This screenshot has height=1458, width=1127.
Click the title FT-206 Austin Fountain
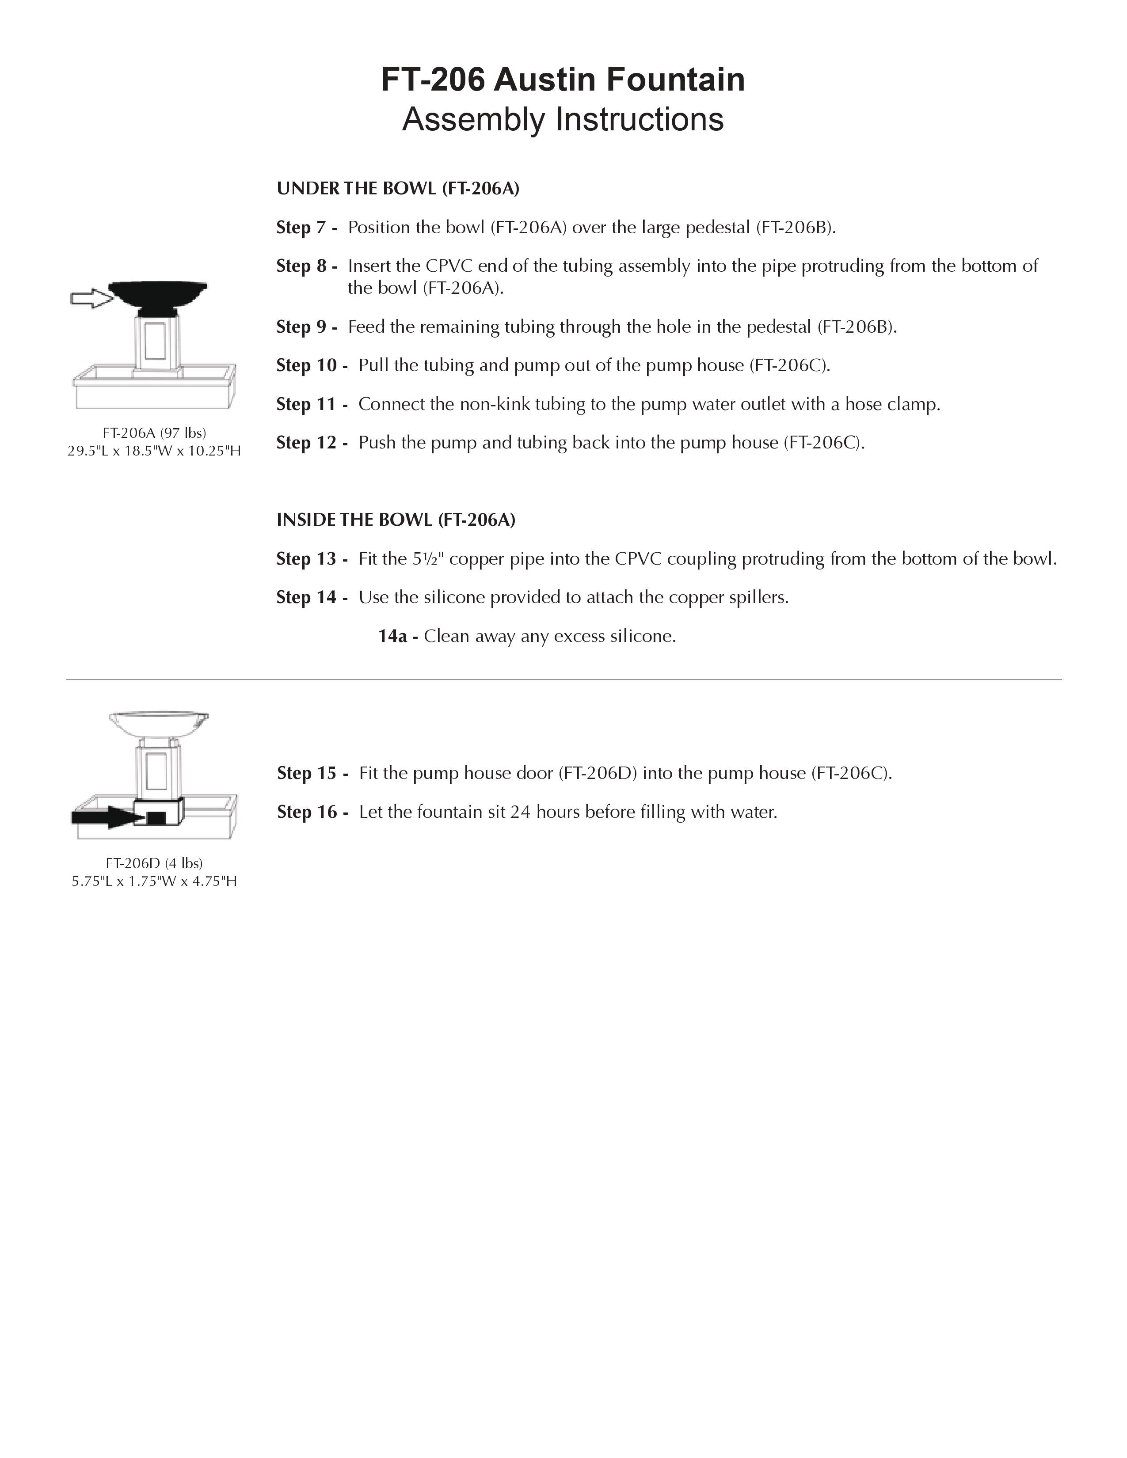(x=563, y=80)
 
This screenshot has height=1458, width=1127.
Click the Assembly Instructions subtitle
(x=563, y=119)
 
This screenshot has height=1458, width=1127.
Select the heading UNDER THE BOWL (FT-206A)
(x=398, y=189)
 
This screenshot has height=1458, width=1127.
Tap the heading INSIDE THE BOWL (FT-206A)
(x=396, y=520)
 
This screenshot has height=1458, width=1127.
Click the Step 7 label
(x=306, y=228)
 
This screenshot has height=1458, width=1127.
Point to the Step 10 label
(x=312, y=366)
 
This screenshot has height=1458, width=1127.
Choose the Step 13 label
(x=312, y=559)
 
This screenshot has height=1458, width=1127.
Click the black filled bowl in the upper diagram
(x=158, y=294)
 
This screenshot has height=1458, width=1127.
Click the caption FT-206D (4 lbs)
(x=154, y=863)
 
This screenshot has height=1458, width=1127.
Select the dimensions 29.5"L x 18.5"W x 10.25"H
(x=154, y=451)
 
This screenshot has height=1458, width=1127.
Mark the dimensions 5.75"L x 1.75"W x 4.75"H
(x=154, y=881)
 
